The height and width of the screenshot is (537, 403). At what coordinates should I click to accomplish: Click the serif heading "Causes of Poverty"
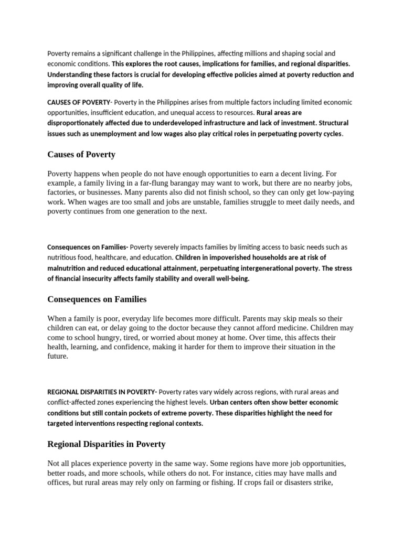coord(81,155)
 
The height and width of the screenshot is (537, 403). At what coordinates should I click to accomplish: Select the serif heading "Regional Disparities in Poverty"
coord(106,444)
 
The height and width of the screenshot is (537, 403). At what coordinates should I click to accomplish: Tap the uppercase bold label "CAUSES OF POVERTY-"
coord(79,102)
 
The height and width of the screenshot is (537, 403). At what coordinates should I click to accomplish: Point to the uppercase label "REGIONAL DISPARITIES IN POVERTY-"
coord(102,392)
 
